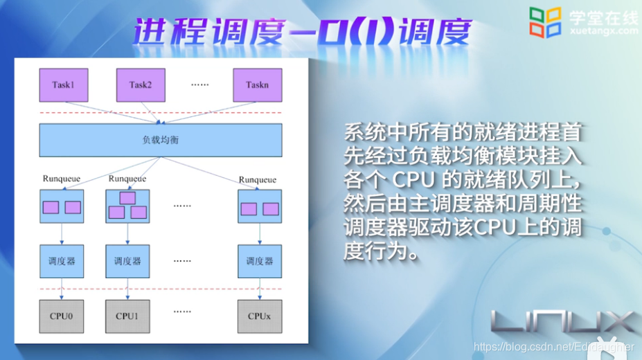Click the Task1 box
pyautogui.click(x=63, y=85)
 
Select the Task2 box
pyautogui.click(x=140, y=85)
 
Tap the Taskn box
pyautogui.click(x=256, y=85)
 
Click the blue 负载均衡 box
pyautogui.click(x=160, y=140)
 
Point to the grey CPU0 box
pyautogui.click(x=62, y=316)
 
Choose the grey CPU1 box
pyautogui.click(x=127, y=316)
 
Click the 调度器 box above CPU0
pyautogui.click(x=62, y=261)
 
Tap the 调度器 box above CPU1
pyautogui.click(x=127, y=261)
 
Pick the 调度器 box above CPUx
pyautogui.click(x=260, y=261)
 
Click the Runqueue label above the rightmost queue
pyautogui.click(x=258, y=179)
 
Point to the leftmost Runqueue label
pyautogui.click(x=62, y=179)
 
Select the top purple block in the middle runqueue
pyautogui.click(x=127, y=197)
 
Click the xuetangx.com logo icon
pyautogui.click(x=544, y=21)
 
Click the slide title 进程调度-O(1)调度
pyautogui.click(x=302, y=30)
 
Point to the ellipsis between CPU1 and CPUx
pyautogui.click(x=182, y=312)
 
